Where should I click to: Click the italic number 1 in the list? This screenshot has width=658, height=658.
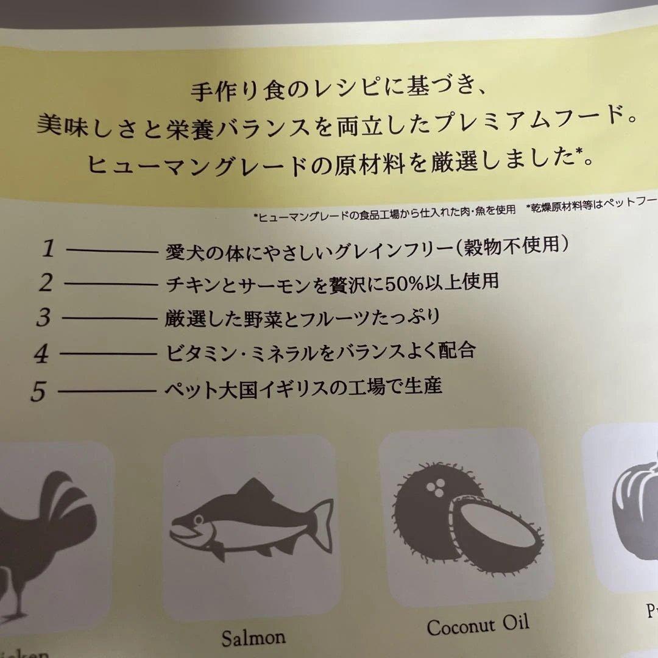[x=48, y=249]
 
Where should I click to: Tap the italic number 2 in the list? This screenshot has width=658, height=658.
[x=46, y=283]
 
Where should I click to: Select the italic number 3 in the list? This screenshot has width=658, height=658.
[x=43, y=318]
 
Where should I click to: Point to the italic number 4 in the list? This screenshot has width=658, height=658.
[x=41, y=354]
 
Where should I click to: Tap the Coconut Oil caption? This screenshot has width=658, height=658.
[x=478, y=625]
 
